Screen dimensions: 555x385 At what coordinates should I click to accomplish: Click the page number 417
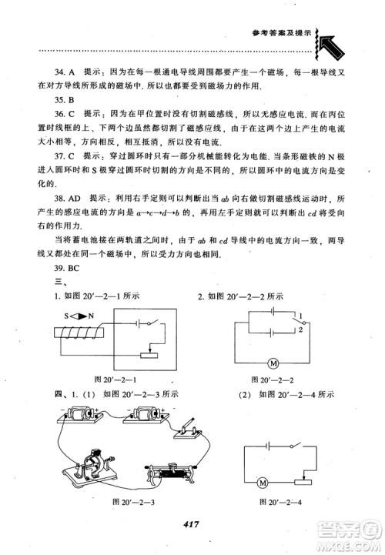(x=192, y=525)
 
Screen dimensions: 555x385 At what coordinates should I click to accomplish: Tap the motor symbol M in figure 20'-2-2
(x=271, y=363)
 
